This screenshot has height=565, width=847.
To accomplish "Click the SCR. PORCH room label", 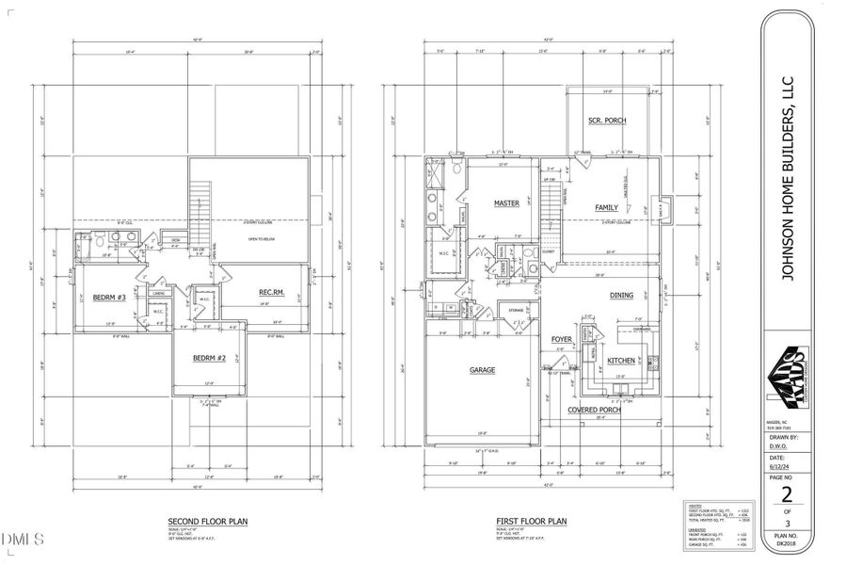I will [x=607, y=121].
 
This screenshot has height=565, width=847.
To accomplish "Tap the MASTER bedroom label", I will [x=507, y=202].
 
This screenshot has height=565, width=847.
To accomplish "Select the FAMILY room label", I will [x=605, y=206].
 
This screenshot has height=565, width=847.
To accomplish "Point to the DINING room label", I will [x=621, y=295].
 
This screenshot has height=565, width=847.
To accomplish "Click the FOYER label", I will [x=562, y=339].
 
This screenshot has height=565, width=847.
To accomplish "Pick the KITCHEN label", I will [x=621, y=361].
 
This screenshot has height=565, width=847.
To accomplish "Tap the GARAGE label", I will [x=482, y=370].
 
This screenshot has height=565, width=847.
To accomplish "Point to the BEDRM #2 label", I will [x=210, y=358].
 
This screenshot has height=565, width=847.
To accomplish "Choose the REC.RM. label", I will [x=272, y=293].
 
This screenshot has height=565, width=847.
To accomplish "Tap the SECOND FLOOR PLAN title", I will [x=208, y=520].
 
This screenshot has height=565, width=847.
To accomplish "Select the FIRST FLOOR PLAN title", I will [x=531, y=520].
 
